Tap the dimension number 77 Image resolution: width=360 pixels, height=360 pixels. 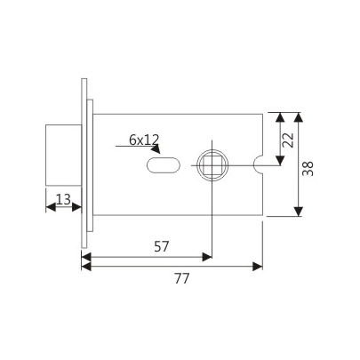click(x=180, y=278)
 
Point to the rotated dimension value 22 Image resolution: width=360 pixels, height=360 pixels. click(x=287, y=138)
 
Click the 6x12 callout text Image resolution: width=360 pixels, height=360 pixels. click(x=143, y=139)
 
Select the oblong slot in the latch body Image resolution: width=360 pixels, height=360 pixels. click(x=160, y=164)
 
